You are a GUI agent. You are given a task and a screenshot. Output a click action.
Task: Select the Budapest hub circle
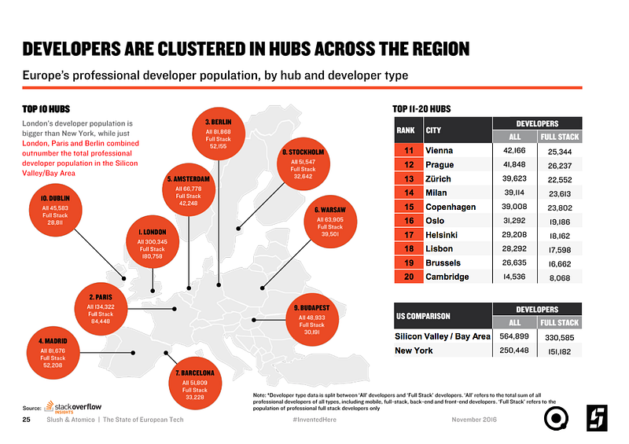(x=311, y=317)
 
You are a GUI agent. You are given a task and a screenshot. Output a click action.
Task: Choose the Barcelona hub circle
(x=195, y=383)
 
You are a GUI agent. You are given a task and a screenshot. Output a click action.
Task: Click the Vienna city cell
(x=440, y=150)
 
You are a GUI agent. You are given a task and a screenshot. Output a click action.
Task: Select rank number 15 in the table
(x=409, y=207)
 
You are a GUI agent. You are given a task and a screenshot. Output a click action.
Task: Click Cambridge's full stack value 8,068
(x=559, y=277)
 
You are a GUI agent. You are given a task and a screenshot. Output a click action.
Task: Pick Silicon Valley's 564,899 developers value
(x=513, y=336)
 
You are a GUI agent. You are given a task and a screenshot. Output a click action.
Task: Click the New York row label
(x=413, y=350)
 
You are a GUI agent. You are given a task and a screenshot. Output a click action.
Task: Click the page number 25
(x=27, y=420)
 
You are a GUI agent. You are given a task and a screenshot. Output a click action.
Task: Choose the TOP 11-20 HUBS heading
(x=421, y=108)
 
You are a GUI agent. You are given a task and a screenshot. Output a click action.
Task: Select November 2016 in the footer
(x=476, y=420)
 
